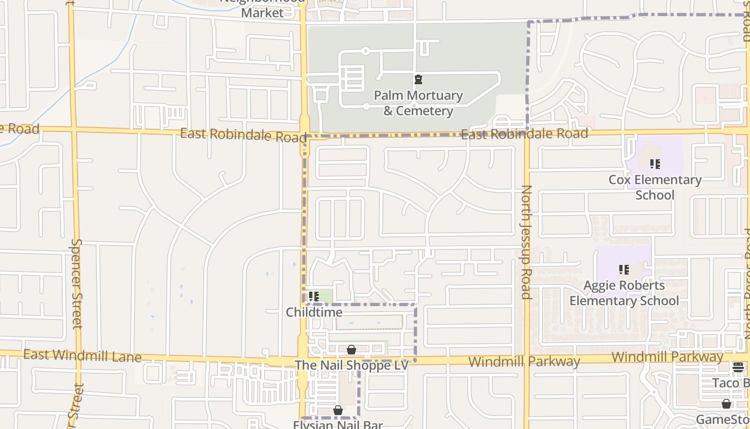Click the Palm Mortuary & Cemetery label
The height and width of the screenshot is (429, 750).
point(418,103)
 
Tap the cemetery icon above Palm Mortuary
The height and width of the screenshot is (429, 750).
point(418,80)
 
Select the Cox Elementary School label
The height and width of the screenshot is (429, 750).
point(655,187)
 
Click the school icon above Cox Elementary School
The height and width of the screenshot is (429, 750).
point(655,164)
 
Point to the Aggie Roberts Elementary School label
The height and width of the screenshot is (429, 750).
point(624,293)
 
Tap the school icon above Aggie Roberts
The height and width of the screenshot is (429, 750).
point(624,269)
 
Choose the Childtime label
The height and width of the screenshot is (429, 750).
point(314,312)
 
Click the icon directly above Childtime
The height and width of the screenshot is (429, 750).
point(314,296)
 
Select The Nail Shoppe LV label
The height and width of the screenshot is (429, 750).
point(351,365)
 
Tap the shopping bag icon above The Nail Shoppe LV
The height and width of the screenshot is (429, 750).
point(351,350)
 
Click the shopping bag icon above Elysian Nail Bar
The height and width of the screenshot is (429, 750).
point(338,410)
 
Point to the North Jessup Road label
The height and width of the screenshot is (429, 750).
point(526,242)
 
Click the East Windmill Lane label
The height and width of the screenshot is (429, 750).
point(82,356)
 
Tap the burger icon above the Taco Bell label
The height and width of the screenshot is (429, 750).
point(738,367)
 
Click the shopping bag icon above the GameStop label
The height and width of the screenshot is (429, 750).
point(726,404)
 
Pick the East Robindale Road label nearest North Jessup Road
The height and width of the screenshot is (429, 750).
point(524,134)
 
